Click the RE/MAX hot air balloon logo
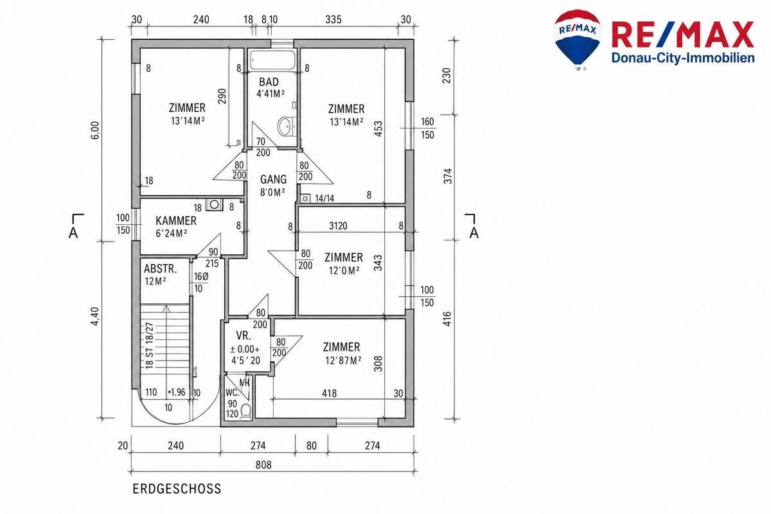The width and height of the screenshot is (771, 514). (577, 40)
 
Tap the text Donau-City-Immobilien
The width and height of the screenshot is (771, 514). (682, 58)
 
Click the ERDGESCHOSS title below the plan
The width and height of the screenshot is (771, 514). (177, 489)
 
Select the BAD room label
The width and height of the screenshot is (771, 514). (269, 82)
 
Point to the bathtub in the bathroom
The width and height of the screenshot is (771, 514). (272, 60)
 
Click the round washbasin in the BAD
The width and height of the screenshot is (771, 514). (285, 126)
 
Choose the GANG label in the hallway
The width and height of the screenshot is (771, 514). (273, 179)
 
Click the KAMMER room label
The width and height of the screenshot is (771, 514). (176, 220)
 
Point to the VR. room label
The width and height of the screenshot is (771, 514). (244, 335)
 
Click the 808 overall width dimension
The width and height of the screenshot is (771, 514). (263, 465)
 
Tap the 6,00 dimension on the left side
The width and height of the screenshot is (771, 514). (96, 130)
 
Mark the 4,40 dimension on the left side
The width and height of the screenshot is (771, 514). (95, 316)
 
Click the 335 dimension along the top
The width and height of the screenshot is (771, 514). (333, 20)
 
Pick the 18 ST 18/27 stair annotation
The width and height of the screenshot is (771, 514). (149, 346)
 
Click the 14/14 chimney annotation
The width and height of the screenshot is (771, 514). (324, 199)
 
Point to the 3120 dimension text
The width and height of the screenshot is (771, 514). (338, 226)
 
